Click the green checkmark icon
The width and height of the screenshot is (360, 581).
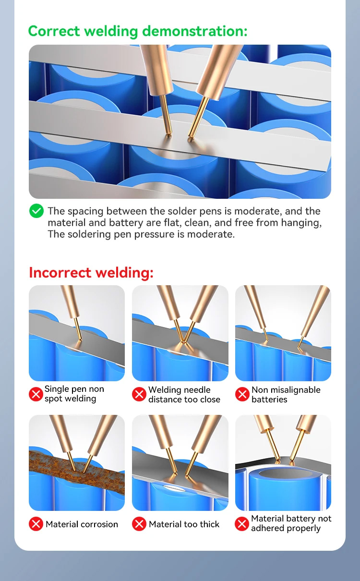pos(36,211)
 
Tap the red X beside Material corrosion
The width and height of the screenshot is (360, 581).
pos(36,524)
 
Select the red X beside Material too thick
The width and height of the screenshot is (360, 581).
pos(139,524)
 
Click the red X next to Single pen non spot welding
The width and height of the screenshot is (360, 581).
pos(36,394)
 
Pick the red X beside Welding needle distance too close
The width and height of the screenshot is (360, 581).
pos(139,394)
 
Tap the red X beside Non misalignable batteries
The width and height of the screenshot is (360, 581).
pos(242,394)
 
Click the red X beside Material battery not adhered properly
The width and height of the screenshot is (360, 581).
pos(242,524)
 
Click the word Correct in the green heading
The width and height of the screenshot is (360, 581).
pos(54,31)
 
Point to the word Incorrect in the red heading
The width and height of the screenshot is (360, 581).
pos(60,273)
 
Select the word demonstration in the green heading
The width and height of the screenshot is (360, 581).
pos(194,31)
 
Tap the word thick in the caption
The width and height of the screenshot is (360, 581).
pos(209,524)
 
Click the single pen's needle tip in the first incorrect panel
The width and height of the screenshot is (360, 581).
pos(81,339)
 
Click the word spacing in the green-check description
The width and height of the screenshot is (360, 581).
pos(85,211)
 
